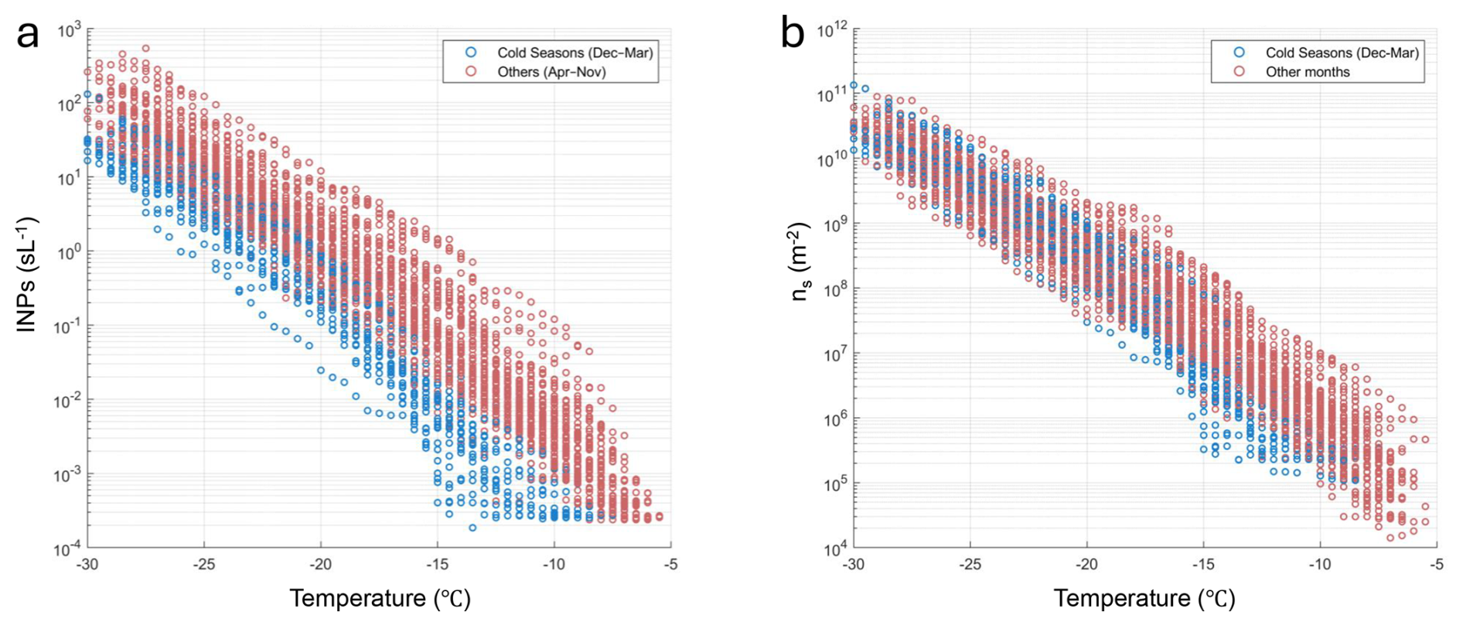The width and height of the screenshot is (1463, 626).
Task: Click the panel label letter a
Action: pos(28,35)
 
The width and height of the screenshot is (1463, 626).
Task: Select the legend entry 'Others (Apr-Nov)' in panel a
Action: pos(551,72)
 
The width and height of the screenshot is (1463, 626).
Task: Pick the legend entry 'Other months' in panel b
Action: pos(1307,72)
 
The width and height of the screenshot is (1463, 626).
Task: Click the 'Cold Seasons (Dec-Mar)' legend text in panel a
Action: pos(575,53)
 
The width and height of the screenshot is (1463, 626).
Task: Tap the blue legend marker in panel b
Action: pos(1239,52)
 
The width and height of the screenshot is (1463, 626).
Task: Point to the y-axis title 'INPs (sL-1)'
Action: pos(27,275)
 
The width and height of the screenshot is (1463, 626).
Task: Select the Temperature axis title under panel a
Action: pos(380,599)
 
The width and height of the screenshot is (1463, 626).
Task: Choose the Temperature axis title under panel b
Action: pos(1144,599)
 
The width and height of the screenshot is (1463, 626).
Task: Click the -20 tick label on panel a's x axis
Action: pos(320,565)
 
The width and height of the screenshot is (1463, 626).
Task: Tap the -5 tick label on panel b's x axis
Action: pos(1436,565)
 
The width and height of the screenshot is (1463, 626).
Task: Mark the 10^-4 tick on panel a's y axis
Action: pos(67,550)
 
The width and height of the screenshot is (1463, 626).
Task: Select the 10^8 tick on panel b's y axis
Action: pos(835,290)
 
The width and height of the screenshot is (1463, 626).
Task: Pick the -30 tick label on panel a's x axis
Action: pos(87,565)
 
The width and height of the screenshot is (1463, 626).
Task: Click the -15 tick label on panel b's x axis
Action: pos(1202,565)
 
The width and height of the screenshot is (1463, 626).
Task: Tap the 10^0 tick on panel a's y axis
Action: pos(69,253)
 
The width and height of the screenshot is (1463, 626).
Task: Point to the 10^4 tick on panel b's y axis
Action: pos(835,550)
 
